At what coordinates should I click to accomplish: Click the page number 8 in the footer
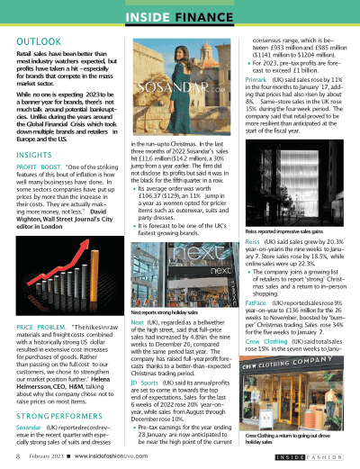pos(19,457)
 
